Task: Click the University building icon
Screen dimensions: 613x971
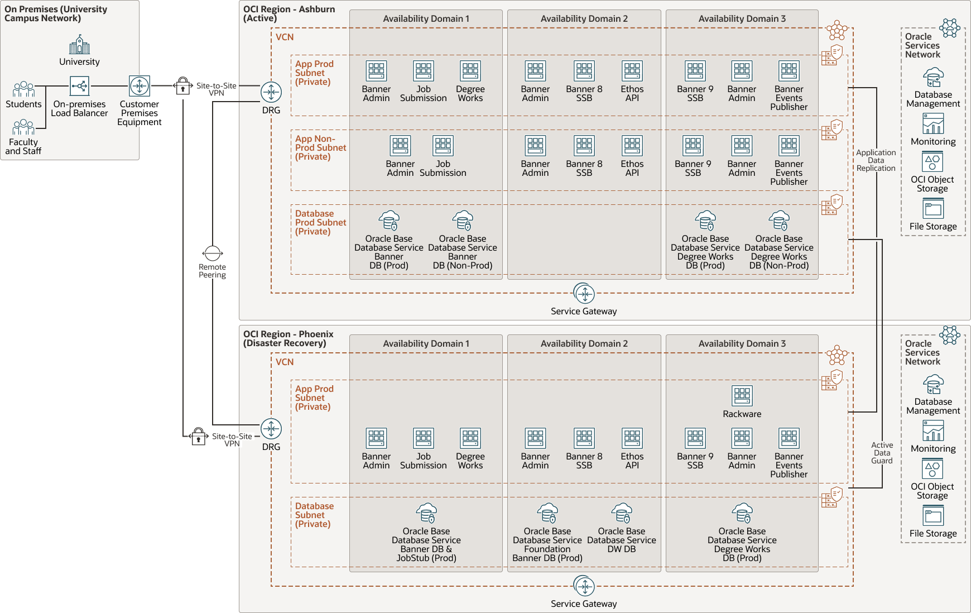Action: (x=79, y=45)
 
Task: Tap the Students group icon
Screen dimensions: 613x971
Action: (x=23, y=89)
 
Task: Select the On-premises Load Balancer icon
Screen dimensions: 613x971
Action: (x=79, y=86)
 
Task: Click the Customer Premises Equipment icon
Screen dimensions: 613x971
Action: (x=139, y=86)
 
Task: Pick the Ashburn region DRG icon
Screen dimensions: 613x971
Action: (x=271, y=92)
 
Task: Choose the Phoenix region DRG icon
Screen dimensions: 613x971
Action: (x=271, y=429)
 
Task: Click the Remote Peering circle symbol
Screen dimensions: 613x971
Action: (x=213, y=253)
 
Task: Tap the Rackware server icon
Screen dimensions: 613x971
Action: (x=742, y=396)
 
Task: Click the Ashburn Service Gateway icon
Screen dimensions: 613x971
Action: (x=584, y=294)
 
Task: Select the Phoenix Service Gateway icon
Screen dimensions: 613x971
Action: (x=584, y=586)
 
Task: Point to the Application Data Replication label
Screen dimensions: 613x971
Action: (x=876, y=160)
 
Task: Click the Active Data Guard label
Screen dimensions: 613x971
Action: (x=882, y=453)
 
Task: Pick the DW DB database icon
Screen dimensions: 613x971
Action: (x=621, y=513)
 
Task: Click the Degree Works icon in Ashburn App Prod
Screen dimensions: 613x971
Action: (x=470, y=71)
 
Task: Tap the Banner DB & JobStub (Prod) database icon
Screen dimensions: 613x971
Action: (x=426, y=513)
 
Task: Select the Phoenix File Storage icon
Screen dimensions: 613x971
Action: (x=933, y=516)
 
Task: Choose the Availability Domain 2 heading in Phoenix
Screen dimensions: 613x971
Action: (x=584, y=344)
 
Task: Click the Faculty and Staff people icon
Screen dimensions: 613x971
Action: (x=23, y=127)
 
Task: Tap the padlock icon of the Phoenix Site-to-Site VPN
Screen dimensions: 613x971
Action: (x=198, y=437)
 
